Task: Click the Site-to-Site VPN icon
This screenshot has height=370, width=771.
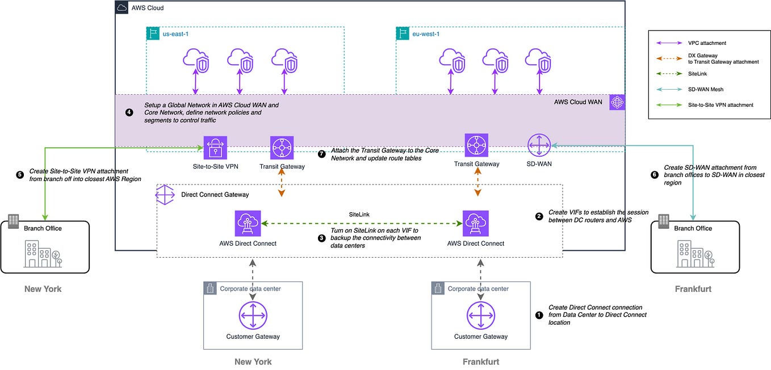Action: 215,147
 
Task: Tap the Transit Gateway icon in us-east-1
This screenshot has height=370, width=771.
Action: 282,147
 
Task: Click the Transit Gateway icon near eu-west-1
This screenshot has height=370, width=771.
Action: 476,145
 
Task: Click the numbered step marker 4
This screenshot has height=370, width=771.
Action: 129,112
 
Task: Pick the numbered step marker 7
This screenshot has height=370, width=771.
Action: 322,154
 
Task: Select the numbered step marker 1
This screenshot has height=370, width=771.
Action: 539,314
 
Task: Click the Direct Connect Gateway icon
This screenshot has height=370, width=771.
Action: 165,195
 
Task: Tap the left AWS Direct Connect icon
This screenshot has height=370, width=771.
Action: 248,224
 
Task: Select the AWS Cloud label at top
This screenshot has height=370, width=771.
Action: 148,9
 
